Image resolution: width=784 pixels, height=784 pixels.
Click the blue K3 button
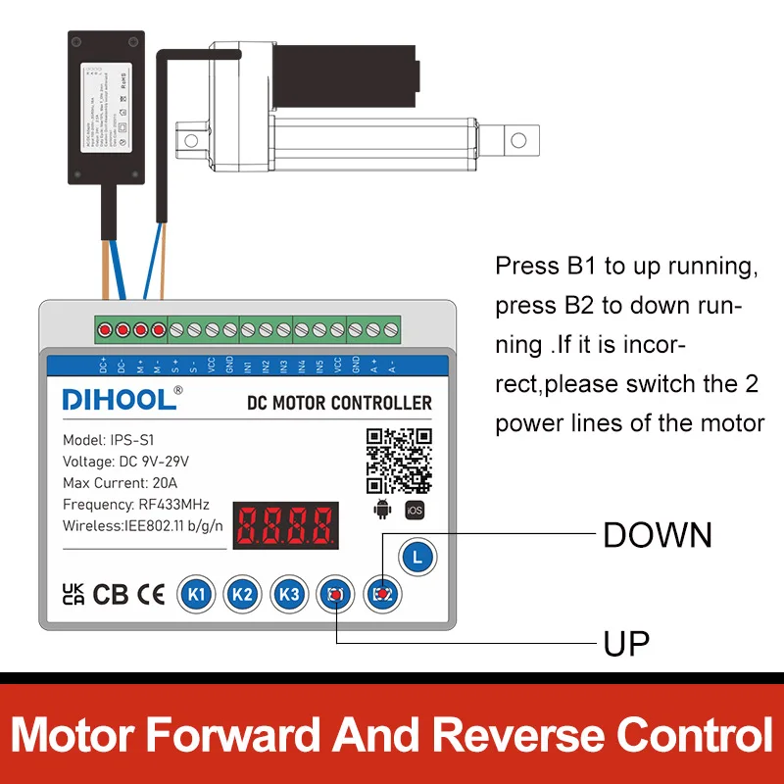[288, 594]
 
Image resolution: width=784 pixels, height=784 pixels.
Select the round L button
[417, 558]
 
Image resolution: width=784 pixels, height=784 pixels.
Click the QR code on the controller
[399, 461]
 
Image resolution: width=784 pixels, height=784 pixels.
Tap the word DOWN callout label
[657, 535]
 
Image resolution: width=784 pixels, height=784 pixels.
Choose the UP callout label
[626, 644]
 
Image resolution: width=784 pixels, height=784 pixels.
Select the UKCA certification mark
[73, 594]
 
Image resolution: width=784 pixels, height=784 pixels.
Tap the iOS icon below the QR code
[415, 510]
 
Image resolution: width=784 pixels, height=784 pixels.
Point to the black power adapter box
[105, 106]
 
